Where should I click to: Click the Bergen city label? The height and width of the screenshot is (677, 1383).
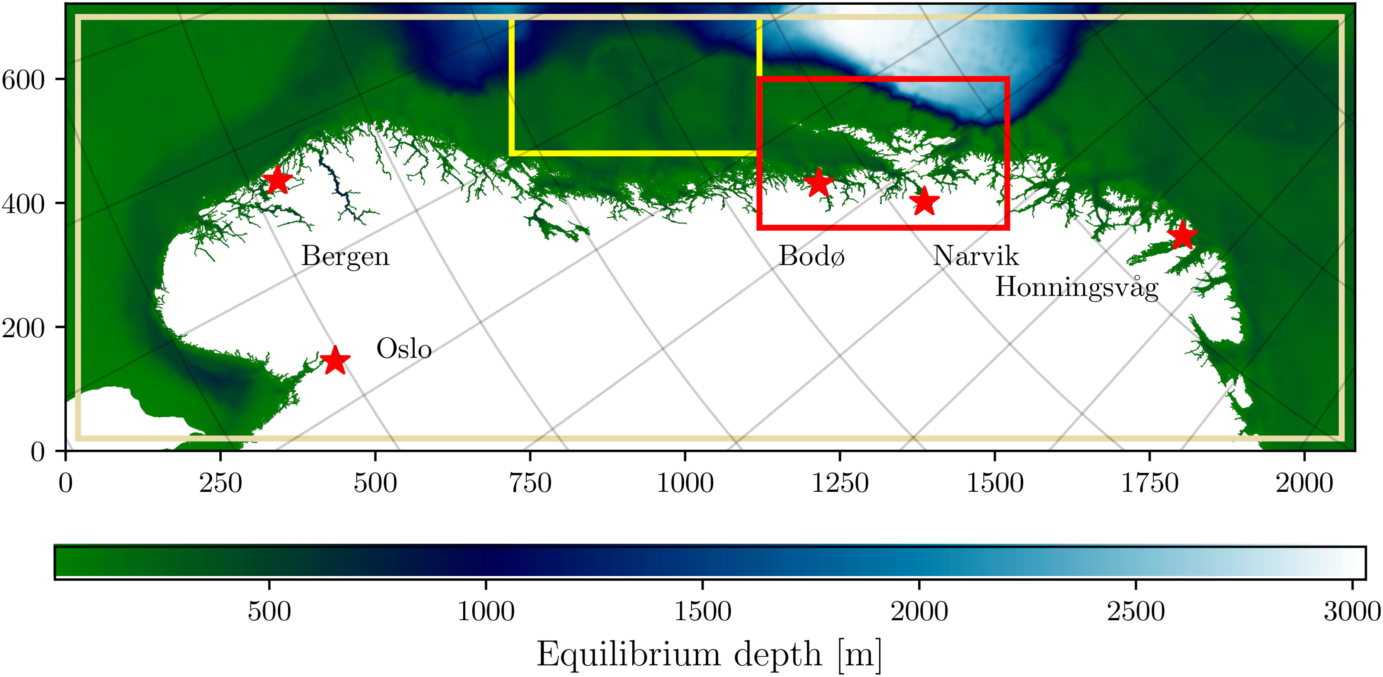point(345,257)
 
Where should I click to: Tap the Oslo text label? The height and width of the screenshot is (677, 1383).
point(404,349)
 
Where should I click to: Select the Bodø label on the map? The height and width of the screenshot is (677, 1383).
point(811,256)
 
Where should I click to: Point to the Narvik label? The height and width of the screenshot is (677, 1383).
point(976,256)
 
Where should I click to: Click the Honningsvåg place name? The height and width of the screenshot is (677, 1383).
point(1077,287)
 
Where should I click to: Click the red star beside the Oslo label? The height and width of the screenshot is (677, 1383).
point(335,360)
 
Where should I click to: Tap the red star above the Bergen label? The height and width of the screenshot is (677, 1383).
point(277,180)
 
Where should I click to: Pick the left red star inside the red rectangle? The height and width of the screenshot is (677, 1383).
point(818,183)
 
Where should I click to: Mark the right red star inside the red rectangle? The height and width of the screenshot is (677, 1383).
point(924,201)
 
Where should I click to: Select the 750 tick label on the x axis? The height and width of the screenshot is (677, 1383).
point(530,483)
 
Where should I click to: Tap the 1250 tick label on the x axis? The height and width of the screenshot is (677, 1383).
point(840,483)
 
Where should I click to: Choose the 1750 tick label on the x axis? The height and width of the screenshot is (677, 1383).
point(1149,483)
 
